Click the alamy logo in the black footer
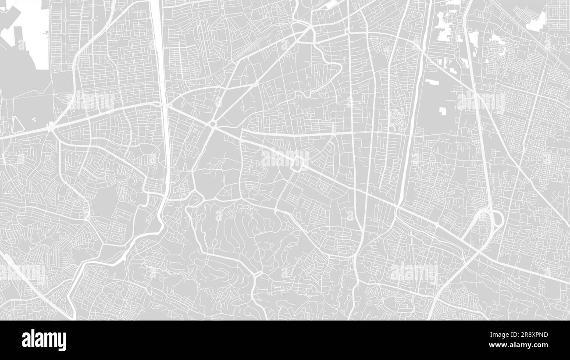[44, 340]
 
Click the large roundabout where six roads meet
[213, 125]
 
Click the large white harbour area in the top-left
[33, 31]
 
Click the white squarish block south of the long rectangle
[442, 110]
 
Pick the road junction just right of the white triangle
[51, 127]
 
